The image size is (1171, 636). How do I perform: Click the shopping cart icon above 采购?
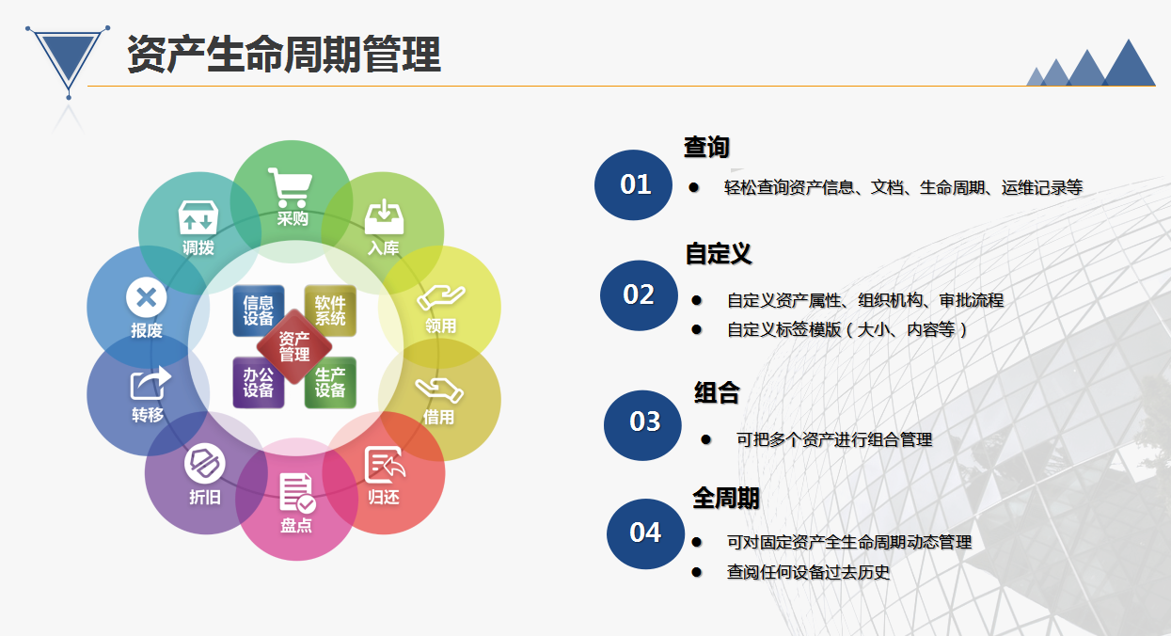(x=290, y=187)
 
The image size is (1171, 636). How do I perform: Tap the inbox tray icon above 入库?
(x=385, y=216)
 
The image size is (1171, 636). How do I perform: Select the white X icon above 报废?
(x=147, y=297)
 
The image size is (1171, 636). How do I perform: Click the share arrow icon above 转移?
(x=150, y=383)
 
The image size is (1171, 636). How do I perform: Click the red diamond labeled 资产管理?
(x=294, y=346)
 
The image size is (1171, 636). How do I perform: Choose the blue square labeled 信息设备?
(x=259, y=310)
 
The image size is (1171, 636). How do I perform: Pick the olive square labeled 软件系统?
(x=330, y=310)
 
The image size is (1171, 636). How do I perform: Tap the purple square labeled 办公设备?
(x=259, y=382)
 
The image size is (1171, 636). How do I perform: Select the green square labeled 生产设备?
(x=330, y=382)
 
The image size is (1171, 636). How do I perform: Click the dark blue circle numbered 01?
(x=633, y=184)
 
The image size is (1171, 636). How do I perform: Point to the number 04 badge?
(x=645, y=533)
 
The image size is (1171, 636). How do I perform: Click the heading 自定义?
(x=719, y=254)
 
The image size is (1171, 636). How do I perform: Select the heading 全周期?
(x=725, y=498)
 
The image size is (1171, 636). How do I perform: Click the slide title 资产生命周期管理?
(x=284, y=54)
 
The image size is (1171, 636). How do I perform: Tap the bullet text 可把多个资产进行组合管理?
(x=834, y=439)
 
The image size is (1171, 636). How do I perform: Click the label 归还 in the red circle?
(x=384, y=497)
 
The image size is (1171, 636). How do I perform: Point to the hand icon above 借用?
(x=439, y=390)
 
